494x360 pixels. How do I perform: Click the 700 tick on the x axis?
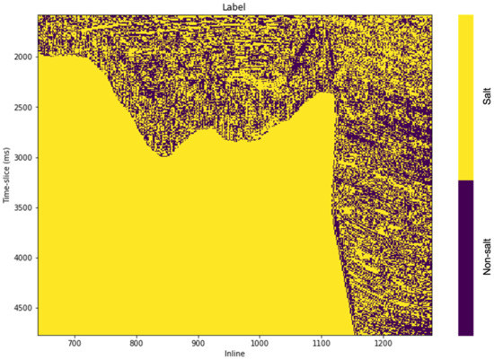75,343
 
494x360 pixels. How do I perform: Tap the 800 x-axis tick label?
137,343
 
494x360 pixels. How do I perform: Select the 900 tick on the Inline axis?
198,343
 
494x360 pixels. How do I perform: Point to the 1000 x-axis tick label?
260,343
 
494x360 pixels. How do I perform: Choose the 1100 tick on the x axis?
322,343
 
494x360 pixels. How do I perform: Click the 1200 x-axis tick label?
384,343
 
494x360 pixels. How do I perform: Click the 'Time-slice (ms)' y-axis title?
7,174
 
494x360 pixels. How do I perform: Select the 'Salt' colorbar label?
486,96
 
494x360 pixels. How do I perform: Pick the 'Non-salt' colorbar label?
486,257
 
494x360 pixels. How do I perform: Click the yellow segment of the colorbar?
465,96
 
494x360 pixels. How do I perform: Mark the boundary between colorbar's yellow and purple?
465,180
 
